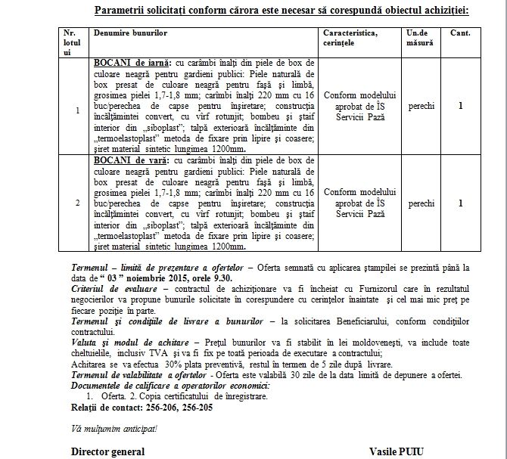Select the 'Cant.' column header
point(460,35)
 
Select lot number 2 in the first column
point(76,203)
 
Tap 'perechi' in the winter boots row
point(421,107)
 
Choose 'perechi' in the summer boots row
point(421,203)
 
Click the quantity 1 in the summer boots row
point(460,203)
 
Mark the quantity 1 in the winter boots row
point(460,107)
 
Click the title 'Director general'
point(107,451)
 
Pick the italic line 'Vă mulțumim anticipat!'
point(114,429)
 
